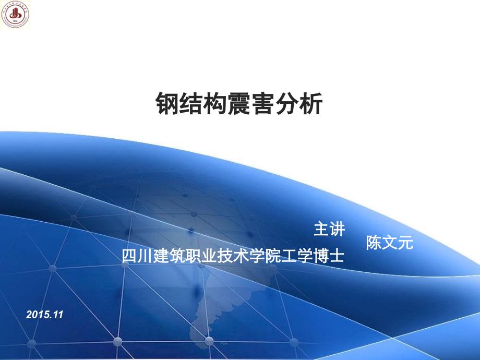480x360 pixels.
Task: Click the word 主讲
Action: (x=329, y=229)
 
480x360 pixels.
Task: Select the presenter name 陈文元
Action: (x=389, y=243)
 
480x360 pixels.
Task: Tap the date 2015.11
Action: (x=44, y=315)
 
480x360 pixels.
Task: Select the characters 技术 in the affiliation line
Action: (x=233, y=256)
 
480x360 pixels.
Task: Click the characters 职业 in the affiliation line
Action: (x=200, y=256)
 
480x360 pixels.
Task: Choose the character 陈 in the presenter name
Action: (x=374, y=243)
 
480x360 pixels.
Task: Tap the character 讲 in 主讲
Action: (x=337, y=229)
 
